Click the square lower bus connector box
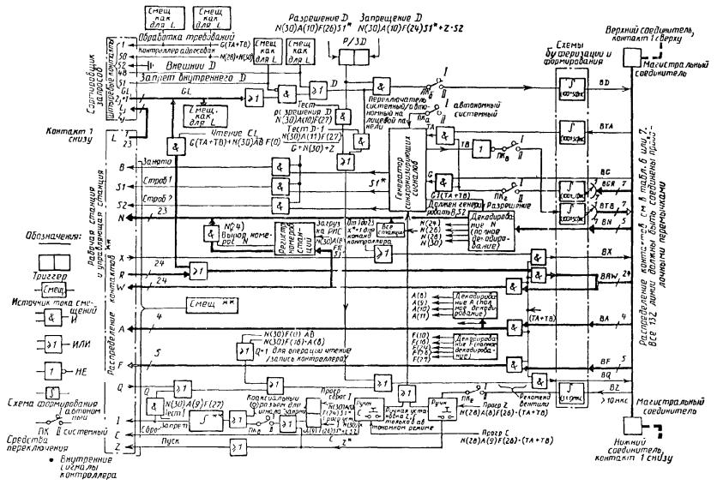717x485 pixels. pos(632,426)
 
